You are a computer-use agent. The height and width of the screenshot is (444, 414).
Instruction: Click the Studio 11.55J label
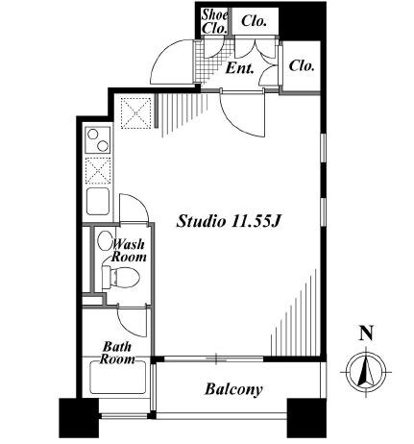click(x=229, y=221)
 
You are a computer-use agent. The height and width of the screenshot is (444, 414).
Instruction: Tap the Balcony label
click(x=233, y=389)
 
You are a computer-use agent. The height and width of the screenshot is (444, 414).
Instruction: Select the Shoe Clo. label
click(x=215, y=21)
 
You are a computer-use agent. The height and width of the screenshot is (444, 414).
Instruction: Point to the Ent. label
click(x=240, y=68)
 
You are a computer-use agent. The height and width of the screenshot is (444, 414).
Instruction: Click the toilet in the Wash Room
click(x=121, y=277)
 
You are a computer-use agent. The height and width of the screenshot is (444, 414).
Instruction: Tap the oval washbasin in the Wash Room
click(x=105, y=241)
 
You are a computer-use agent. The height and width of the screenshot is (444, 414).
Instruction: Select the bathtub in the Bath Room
click(x=117, y=378)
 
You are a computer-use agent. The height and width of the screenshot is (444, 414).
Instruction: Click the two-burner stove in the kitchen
click(x=98, y=140)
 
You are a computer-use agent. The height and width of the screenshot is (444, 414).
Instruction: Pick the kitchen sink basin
click(x=98, y=201)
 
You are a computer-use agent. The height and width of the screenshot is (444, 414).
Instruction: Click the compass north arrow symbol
click(x=367, y=372)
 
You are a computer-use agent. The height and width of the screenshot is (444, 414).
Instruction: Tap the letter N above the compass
click(x=367, y=333)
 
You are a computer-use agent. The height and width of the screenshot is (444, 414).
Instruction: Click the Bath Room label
click(x=117, y=353)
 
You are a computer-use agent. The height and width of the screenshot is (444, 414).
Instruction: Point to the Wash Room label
click(x=128, y=251)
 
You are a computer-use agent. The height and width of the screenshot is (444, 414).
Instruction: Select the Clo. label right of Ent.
click(x=302, y=66)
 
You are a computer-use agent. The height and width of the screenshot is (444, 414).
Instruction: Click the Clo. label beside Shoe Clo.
click(x=255, y=21)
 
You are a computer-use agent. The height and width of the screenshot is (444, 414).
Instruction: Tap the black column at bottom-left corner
click(x=79, y=418)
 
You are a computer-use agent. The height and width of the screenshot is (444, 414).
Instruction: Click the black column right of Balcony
click(x=306, y=418)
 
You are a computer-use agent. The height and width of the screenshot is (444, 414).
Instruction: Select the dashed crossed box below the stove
click(x=98, y=171)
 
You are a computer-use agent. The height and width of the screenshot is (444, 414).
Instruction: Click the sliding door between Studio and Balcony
click(x=215, y=358)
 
